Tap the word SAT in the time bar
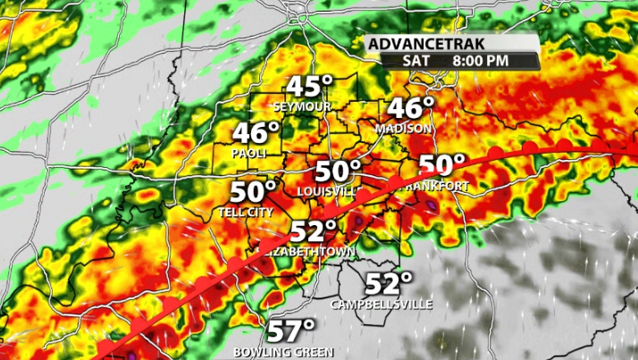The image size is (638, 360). click(x=410, y=61)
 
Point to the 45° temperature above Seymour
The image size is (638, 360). click(x=308, y=88)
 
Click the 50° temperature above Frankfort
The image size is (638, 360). click(x=442, y=165)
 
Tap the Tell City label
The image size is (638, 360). click(x=247, y=213)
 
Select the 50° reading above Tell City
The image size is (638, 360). click(x=253, y=192)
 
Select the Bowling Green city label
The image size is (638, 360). click(x=283, y=352)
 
